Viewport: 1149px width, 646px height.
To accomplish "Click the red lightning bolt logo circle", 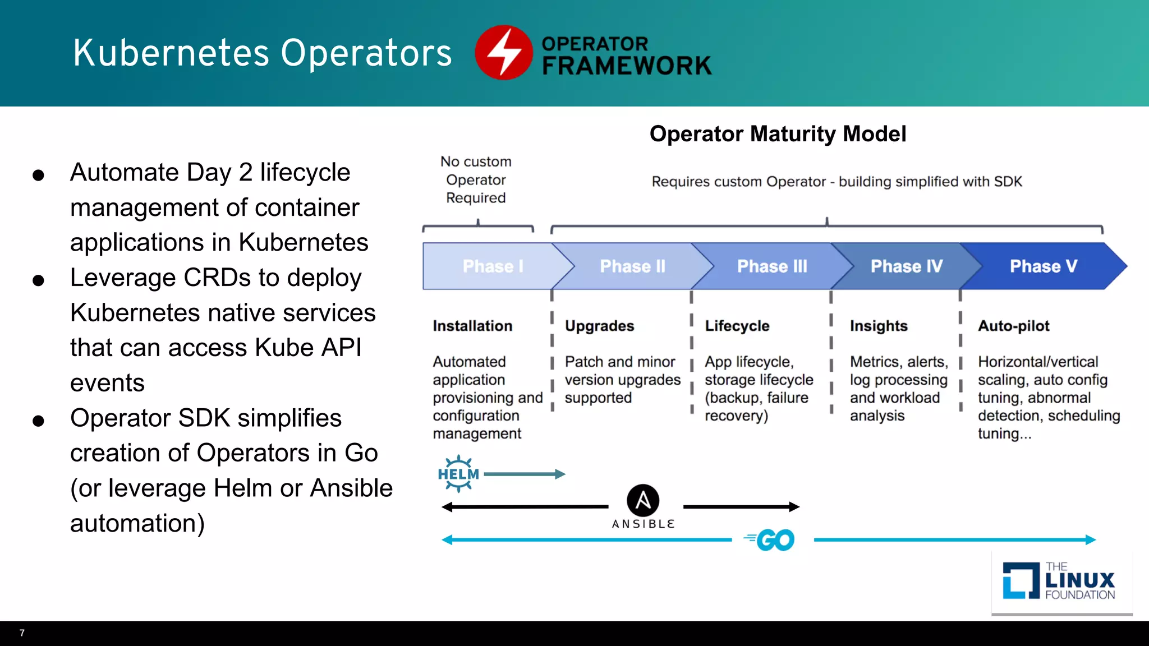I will (503, 52).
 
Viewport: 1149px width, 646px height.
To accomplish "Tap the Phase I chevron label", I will (493, 266).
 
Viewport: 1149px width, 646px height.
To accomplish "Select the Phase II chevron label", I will (632, 266).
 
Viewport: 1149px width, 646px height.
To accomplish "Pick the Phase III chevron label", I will (772, 266).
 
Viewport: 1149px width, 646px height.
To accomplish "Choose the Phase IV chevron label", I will (906, 266).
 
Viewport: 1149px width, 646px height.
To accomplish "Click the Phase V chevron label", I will (1043, 266).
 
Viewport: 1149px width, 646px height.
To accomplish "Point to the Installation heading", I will (472, 326).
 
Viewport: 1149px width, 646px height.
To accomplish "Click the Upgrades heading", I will (599, 326).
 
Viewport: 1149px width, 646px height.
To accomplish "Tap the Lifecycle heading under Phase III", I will (737, 326).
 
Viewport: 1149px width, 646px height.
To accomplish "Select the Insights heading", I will (878, 326).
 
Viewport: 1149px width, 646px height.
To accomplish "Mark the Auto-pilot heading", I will (1013, 326).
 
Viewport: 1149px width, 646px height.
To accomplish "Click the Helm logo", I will (458, 474).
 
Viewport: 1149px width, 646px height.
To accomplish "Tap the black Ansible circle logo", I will (643, 500).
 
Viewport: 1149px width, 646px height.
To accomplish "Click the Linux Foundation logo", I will (1059, 581).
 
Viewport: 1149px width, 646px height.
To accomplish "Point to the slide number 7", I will (22, 633).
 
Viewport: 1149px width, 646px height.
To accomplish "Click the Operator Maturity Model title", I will (778, 134).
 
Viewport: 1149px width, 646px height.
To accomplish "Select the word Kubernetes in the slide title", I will (171, 53).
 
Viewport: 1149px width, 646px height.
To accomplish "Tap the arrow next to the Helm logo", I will (524, 474).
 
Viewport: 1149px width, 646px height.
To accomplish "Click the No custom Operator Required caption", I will (476, 180).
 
